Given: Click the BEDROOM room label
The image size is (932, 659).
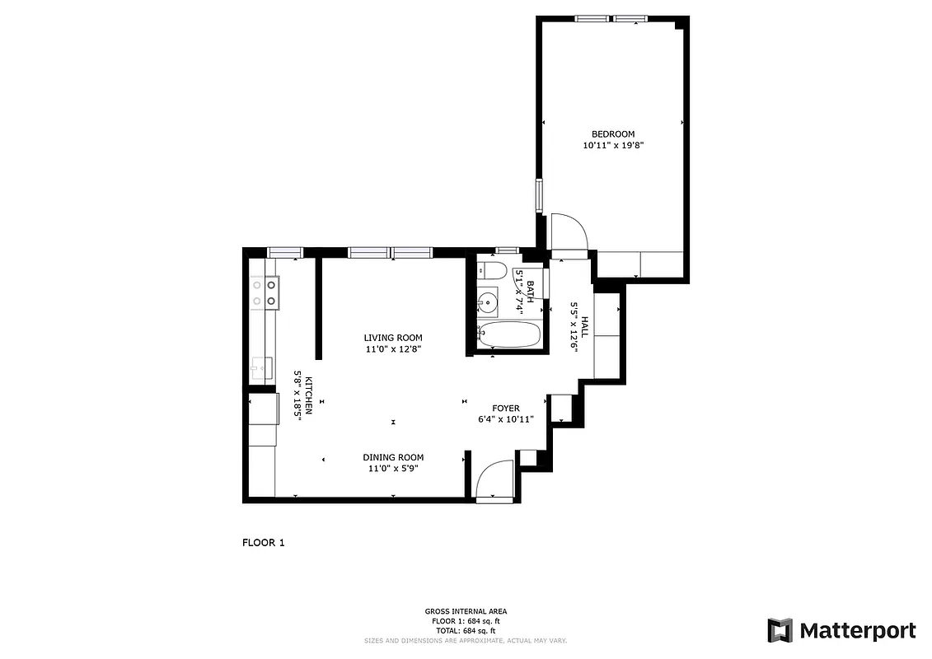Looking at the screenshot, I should (613, 134).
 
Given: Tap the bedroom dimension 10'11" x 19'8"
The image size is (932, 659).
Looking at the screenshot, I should (613, 146).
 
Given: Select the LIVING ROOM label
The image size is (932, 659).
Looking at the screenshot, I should (393, 338).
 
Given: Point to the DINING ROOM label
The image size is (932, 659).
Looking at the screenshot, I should (393, 458).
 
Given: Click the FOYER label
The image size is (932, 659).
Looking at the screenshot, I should (506, 409).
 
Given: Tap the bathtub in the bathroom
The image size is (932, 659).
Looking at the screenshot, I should (509, 335).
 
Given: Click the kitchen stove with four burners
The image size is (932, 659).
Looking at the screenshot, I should (265, 292).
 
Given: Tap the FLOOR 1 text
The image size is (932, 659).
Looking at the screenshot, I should (263, 543).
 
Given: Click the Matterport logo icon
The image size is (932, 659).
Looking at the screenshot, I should (780, 631).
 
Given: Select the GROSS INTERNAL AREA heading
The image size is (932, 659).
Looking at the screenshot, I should (466, 611).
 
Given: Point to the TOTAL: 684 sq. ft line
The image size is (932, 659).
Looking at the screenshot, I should (466, 630).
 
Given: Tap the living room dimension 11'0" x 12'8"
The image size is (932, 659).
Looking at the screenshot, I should (393, 349).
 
